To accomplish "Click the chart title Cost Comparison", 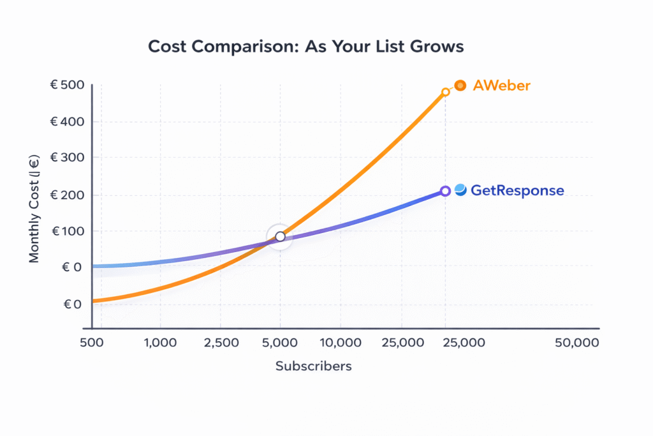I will click(x=306, y=47).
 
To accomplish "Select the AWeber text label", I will click(x=501, y=86).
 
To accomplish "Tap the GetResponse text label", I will click(x=517, y=190).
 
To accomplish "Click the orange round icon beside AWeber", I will click(x=460, y=85).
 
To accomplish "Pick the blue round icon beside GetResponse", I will click(x=460, y=190).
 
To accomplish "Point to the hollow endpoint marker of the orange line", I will click(x=446, y=92).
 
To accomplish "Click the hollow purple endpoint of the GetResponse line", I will click(x=446, y=191).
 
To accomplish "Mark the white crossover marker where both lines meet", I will click(x=280, y=237).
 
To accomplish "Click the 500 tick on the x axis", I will click(x=92, y=343).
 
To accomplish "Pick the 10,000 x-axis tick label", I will click(x=339, y=343).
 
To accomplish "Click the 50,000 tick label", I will click(x=576, y=343).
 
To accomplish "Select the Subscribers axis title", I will click(x=313, y=366).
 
